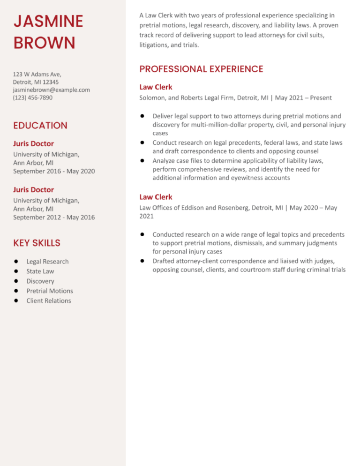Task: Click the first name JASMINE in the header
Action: [x=48, y=21]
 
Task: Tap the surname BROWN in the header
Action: [x=44, y=43]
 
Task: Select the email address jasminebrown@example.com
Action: [x=52, y=90]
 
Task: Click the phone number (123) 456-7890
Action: [x=33, y=98]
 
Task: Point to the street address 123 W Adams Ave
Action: [x=37, y=74]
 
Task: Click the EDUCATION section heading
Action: [x=40, y=125]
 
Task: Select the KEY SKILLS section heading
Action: [x=37, y=243]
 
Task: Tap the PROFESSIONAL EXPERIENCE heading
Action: [x=201, y=69]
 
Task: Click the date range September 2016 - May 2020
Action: [x=54, y=171]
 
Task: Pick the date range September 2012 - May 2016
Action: [x=54, y=217]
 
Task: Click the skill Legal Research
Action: [x=47, y=262]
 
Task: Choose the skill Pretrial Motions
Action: [x=50, y=291]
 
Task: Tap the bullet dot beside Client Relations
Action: [x=16, y=301]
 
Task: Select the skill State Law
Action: [x=40, y=271]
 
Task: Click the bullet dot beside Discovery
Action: [x=16, y=281]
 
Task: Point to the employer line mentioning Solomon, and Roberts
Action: [x=235, y=98]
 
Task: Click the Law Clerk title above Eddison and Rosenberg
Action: [x=156, y=197]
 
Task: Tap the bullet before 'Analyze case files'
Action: [x=142, y=160]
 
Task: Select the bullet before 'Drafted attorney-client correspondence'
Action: [x=142, y=261]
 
